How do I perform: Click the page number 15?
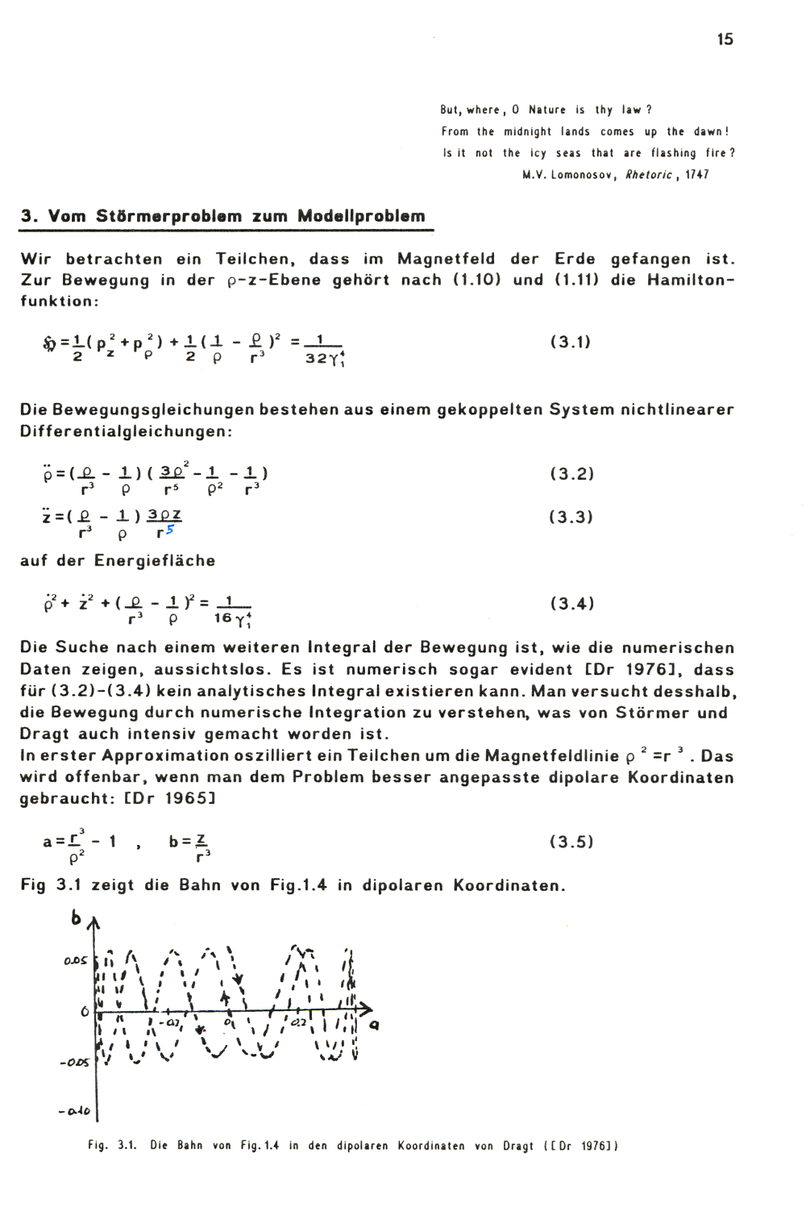pos(725,40)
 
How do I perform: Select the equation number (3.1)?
pos(571,342)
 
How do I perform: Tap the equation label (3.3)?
pos(571,517)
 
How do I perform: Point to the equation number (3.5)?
pos(571,843)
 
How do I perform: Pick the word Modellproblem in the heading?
pos(361,216)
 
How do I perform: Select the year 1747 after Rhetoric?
pos(696,175)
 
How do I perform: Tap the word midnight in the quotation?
pos(528,131)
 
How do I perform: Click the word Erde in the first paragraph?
pos(575,259)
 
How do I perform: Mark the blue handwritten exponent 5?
pos(169,530)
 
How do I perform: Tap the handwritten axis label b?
pos(77,918)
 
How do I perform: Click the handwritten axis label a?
pos(374,1025)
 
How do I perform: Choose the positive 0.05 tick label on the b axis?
pos(75,960)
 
